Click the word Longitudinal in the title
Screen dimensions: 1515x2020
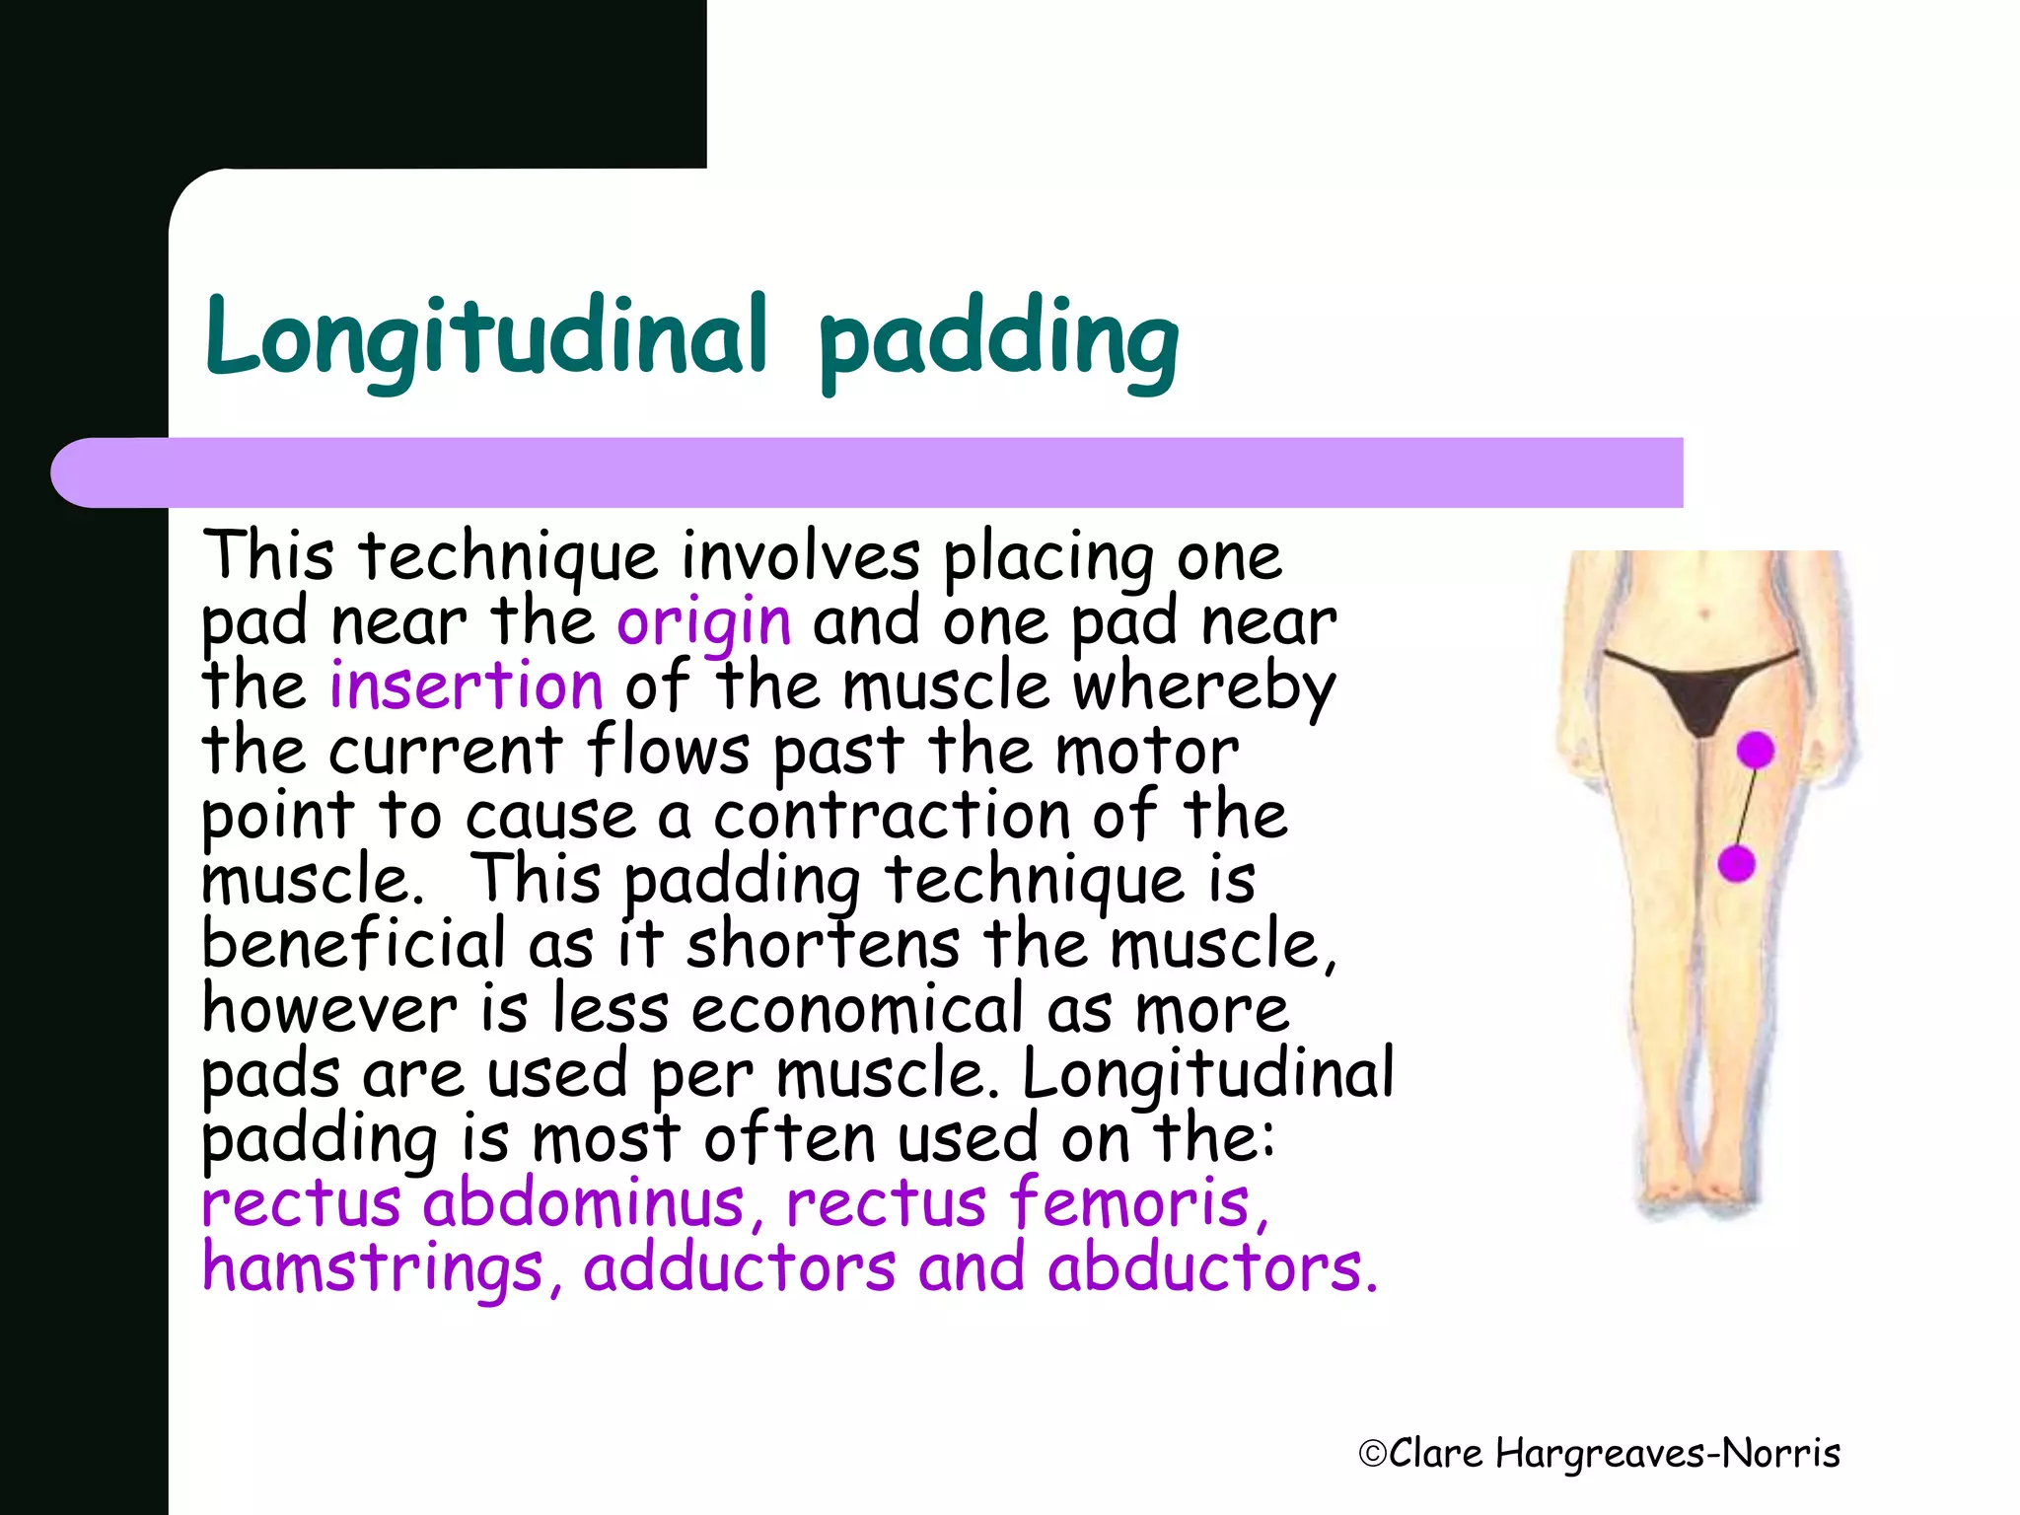(485, 337)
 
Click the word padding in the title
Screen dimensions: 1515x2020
(998, 341)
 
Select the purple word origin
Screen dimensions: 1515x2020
(703, 623)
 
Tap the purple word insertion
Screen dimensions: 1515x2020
(466, 686)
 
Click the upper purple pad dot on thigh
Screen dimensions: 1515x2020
(1756, 751)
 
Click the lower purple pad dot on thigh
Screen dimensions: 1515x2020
(1736, 864)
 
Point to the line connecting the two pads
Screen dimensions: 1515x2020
(1746, 808)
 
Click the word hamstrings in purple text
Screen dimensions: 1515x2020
(373, 1268)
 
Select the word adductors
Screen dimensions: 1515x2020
(739, 1268)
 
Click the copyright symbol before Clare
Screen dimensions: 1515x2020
(1372, 1454)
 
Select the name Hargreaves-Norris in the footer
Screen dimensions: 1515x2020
(1668, 1454)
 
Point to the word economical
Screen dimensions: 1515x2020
(857, 1010)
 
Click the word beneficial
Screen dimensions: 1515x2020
(352, 944)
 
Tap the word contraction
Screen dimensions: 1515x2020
(891, 817)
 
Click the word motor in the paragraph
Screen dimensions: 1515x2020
(1146, 752)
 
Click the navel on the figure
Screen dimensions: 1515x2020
(1705, 614)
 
